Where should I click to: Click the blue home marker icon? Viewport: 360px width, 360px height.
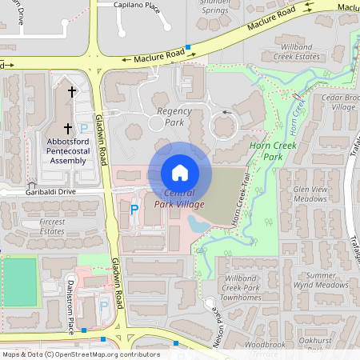pos(180,172)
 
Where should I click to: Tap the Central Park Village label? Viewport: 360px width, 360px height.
pos(185,199)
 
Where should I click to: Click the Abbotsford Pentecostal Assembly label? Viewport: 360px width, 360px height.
pos(67,150)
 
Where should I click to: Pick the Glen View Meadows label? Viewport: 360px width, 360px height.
pos(311,194)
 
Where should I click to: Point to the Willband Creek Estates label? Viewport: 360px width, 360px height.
pos(297,52)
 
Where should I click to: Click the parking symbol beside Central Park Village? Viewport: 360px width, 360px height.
pos(134,210)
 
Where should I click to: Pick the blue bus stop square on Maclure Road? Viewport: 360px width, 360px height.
pos(188,48)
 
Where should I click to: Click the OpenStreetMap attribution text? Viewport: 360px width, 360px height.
pos(80,354)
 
